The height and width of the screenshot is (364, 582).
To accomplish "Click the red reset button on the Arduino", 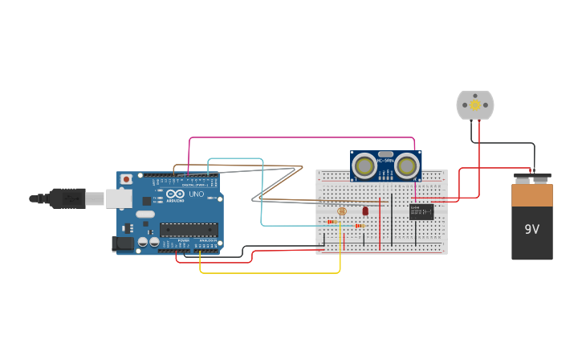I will pyautogui.click(x=126, y=179).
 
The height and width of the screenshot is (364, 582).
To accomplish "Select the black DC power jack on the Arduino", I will pyautogui.click(x=122, y=243).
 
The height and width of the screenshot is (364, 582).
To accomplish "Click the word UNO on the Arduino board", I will pyautogui.click(x=196, y=194).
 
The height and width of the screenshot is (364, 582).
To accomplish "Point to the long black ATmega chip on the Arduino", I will pyautogui.click(x=189, y=230).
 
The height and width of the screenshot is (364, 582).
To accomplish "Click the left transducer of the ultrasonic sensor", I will pyautogui.click(x=364, y=166).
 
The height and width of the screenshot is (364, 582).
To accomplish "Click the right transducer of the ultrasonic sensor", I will pyautogui.click(x=407, y=166).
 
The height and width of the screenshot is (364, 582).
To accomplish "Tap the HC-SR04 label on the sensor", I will pyautogui.click(x=385, y=161).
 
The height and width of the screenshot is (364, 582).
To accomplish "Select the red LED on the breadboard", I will pyautogui.click(x=365, y=211).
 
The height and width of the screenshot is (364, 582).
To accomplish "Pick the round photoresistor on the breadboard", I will pyautogui.click(x=342, y=211).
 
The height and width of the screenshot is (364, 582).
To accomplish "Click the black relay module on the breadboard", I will pyautogui.click(x=421, y=212).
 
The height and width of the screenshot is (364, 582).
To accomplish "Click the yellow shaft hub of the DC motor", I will pyautogui.click(x=475, y=104).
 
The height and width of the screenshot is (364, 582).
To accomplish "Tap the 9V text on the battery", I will pyautogui.click(x=532, y=229).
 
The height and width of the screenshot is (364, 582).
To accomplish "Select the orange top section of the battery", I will pyautogui.click(x=532, y=195).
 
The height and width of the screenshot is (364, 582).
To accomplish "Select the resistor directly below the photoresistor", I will pyautogui.click(x=332, y=222).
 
